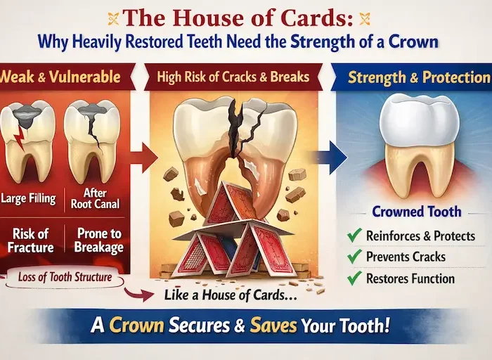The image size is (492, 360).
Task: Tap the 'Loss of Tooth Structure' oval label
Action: pos(64,277)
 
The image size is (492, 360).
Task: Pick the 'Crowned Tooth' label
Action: pos(416,211)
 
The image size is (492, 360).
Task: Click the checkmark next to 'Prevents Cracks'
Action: pos(354,257)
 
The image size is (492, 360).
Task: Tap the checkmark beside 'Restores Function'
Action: pos(354,278)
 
